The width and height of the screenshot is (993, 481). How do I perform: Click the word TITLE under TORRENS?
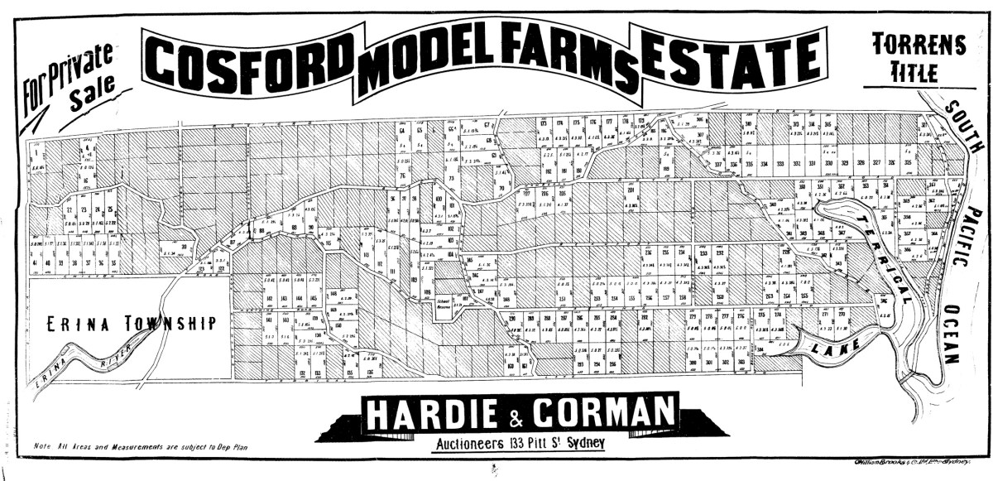pyautogui.click(x=914, y=73)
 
